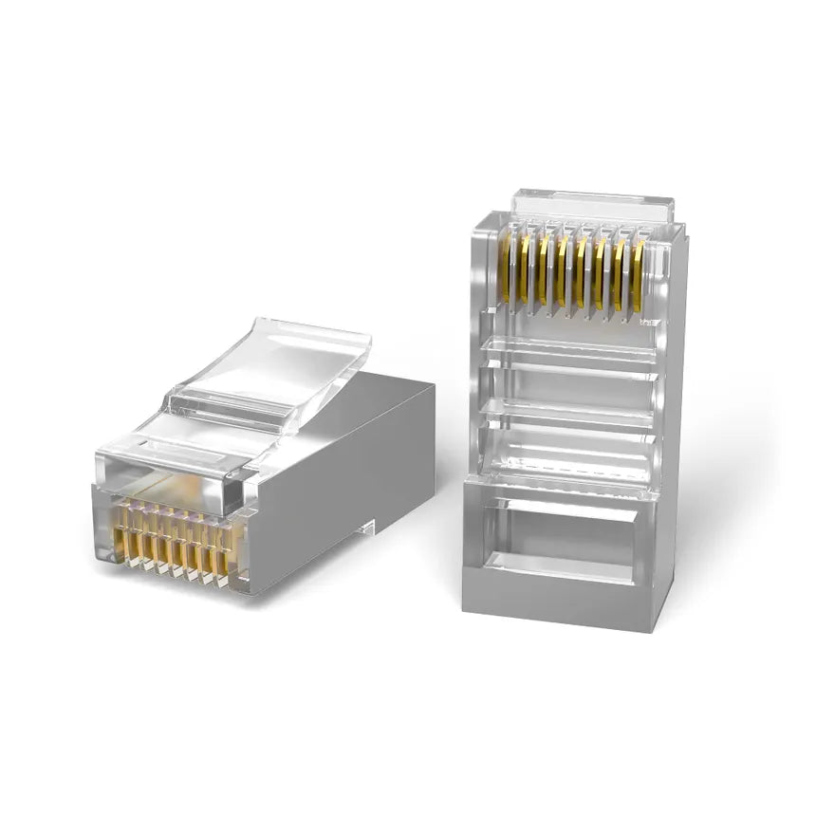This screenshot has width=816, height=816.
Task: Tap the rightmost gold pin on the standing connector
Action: [638, 276]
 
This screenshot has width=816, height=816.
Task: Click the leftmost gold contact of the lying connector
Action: [121, 543]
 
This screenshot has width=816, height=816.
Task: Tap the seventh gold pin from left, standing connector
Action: [619, 274]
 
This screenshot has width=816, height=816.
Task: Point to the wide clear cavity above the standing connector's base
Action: [569, 451]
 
